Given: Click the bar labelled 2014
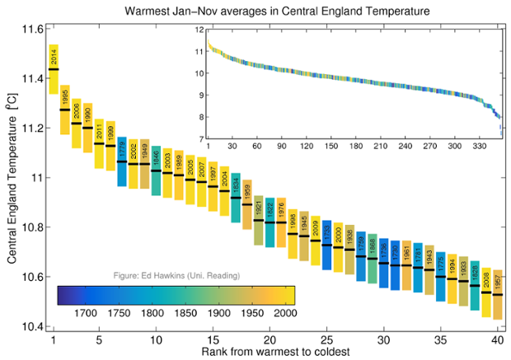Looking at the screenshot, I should tap(54, 69).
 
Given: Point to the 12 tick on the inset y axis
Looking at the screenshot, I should tap(198, 30).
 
